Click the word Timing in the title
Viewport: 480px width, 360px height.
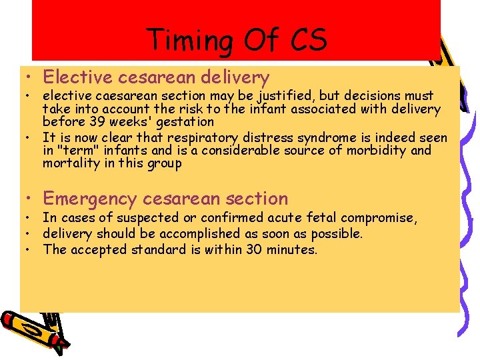[187, 40]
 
